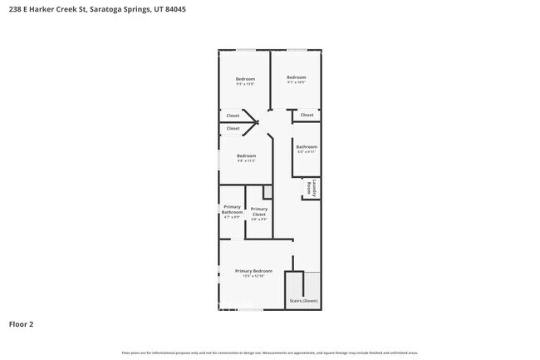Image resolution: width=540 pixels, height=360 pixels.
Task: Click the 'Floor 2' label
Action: (x=21, y=324)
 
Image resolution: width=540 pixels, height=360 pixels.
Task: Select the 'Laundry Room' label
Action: (x=311, y=189)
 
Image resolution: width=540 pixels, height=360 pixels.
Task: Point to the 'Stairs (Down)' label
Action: (x=303, y=300)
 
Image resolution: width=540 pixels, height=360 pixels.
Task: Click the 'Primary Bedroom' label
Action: (x=253, y=271)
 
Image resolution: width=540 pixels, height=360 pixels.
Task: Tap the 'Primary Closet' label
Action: (x=259, y=211)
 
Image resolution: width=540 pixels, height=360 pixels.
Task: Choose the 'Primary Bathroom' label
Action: (x=232, y=210)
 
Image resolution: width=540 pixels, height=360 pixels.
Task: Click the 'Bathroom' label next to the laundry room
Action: (x=307, y=147)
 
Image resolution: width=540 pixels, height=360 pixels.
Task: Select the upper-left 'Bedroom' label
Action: (x=245, y=79)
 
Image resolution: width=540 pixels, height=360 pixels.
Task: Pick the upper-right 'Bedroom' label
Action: (x=297, y=77)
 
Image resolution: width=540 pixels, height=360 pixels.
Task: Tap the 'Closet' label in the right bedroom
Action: (x=307, y=115)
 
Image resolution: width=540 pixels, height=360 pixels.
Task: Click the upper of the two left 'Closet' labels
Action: (x=233, y=116)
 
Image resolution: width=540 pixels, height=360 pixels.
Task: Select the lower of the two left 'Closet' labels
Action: (x=233, y=128)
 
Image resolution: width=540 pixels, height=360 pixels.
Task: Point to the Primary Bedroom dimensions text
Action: (x=253, y=276)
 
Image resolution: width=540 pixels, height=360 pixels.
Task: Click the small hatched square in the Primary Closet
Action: (x=268, y=193)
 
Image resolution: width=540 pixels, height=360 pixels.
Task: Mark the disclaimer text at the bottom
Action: (x=270, y=353)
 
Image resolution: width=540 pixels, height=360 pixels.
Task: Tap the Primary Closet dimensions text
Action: (x=259, y=219)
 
